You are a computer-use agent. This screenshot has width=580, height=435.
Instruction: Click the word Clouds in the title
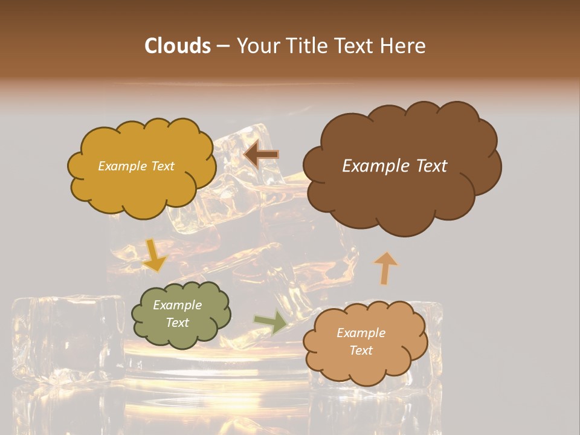(177, 46)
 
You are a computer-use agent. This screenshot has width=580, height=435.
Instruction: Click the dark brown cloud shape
(402, 193)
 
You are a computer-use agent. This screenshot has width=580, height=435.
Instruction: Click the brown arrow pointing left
(261, 155)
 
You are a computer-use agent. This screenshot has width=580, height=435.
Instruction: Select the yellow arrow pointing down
(155, 255)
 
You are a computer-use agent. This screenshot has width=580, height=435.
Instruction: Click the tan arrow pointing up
(385, 267)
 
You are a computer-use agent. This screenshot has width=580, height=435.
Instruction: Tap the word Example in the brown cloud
(374, 166)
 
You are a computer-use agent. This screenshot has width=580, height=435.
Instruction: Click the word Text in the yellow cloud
(163, 166)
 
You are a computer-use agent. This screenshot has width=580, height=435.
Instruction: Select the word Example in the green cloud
(177, 305)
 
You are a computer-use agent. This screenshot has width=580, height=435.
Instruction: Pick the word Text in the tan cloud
(361, 350)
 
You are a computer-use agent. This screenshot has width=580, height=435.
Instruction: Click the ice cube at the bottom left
(66, 338)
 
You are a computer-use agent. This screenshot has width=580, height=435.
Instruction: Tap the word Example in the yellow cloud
(121, 166)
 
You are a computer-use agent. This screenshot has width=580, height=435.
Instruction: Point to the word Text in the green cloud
(177, 323)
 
